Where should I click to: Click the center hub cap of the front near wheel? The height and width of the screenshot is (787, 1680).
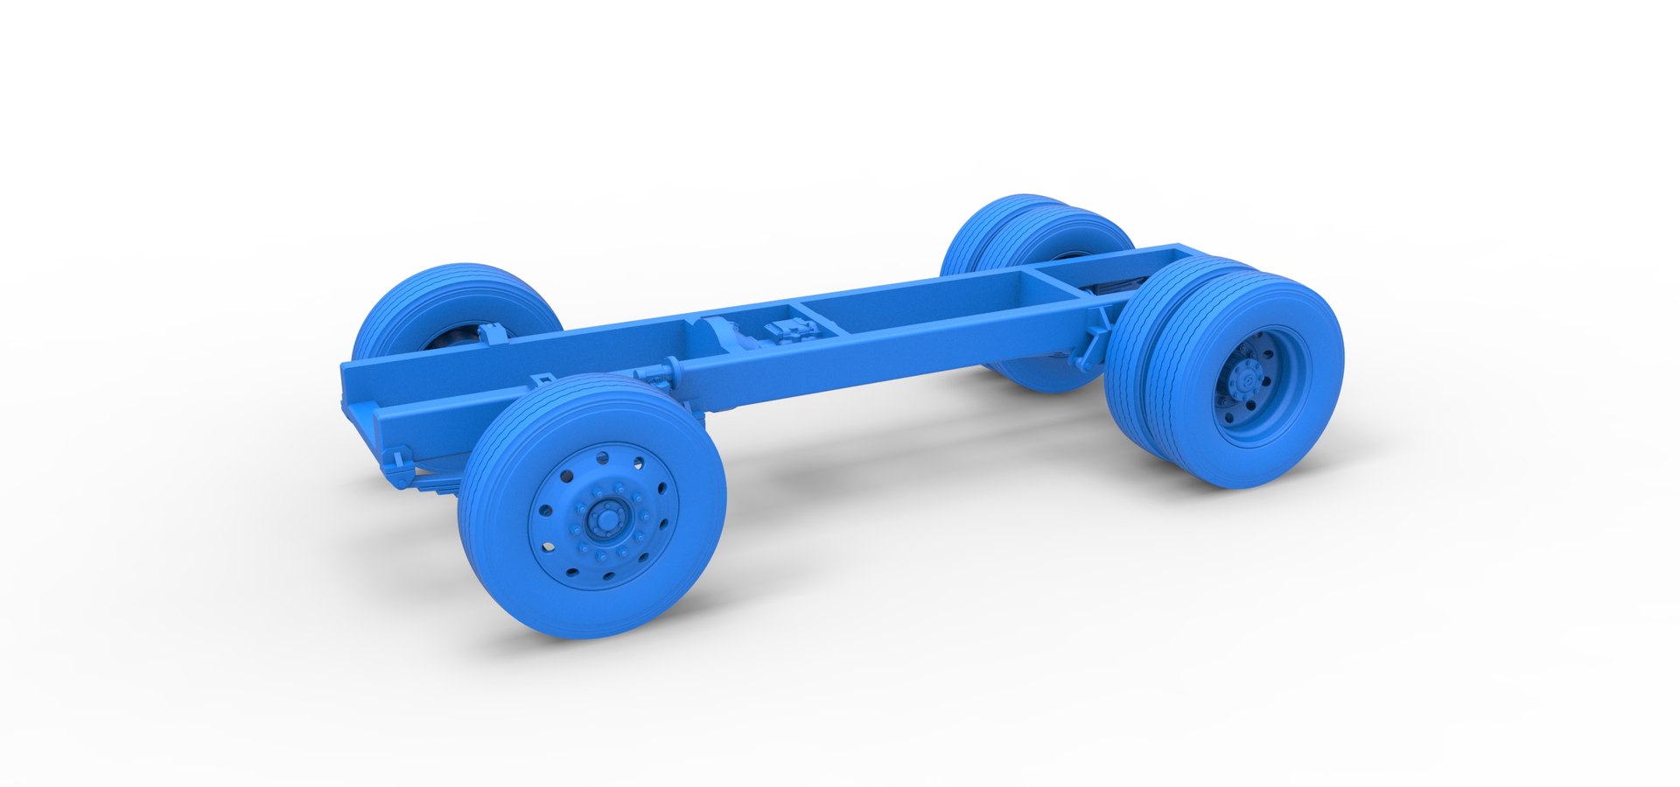(x=603, y=519)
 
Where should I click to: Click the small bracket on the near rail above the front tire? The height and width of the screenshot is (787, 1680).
(x=542, y=381)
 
